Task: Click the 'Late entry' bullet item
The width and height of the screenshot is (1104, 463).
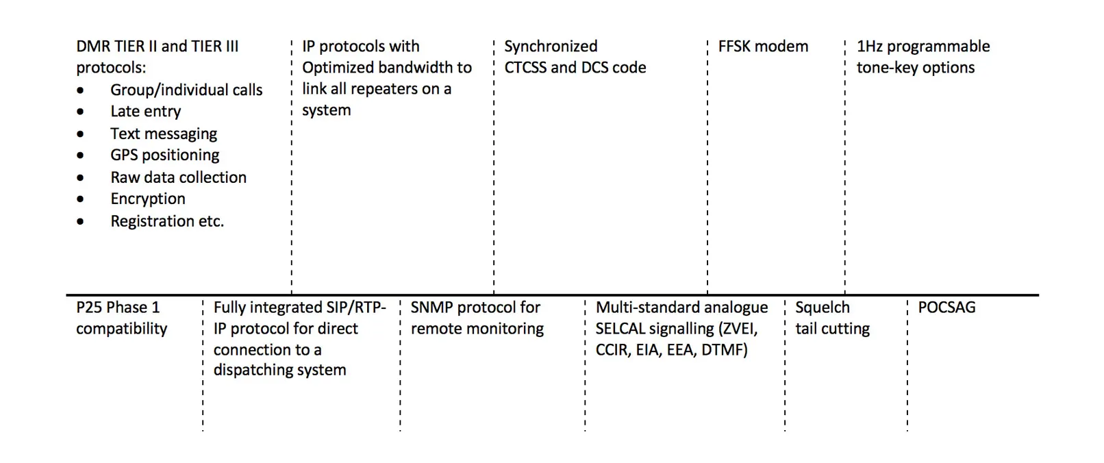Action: pyautogui.click(x=145, y=112)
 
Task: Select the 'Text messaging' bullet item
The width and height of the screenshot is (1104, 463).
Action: pyautogui.click(x=164, y=134)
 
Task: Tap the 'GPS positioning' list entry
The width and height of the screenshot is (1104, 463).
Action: pyautogui.click(x=165, y=155)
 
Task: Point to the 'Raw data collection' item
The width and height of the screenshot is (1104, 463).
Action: pyautogui.click(x=178, y=177)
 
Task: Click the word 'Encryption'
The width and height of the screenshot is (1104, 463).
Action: pyautogui.click(x=148, y=199)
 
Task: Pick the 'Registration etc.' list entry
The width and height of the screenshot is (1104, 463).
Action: pyautogui.click(x=167, y=221)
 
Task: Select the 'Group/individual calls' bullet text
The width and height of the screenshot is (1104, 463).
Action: pyautogui.click(x=186, y=90)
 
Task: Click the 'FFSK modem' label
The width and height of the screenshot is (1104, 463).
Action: pyautogui.click(x=763, y=47)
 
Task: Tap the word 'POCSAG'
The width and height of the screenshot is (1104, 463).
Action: pyautogui.click(x=946, y=308)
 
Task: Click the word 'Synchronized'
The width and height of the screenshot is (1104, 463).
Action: pyautogui.click(x=551, y=47)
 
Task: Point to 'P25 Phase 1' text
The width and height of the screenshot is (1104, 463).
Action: pyautogui.click(x=118, y=308)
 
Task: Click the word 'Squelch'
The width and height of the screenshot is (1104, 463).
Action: pyautogui.click(x=822, y=308)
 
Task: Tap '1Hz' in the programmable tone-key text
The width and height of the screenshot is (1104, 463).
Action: pyautogui.click(x=870, y=47)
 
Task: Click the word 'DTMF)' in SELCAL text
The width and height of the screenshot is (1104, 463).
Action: pyautogui.click(x=724, y=350)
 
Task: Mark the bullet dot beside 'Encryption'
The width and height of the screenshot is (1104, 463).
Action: pyautogui.click(x=81, y=199)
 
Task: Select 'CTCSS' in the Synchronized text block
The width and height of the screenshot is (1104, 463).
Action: pyautogui.click(x=525, y=68)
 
